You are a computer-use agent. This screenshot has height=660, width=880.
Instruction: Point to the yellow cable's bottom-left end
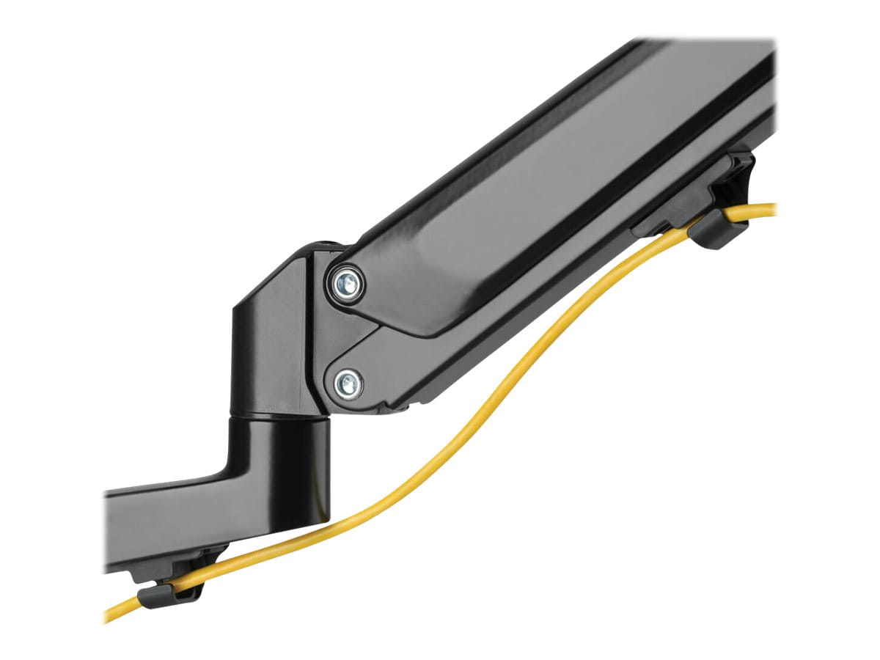click(x=110, y=617)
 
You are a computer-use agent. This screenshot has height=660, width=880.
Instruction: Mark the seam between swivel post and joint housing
click(x=279, y=417)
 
